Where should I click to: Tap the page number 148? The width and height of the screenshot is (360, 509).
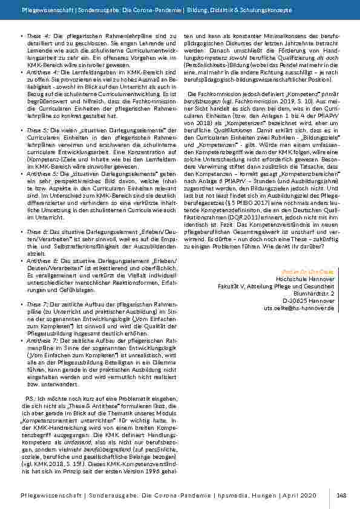tap(341, 495)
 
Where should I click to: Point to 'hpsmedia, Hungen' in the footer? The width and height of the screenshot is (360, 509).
tap(254, 495)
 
